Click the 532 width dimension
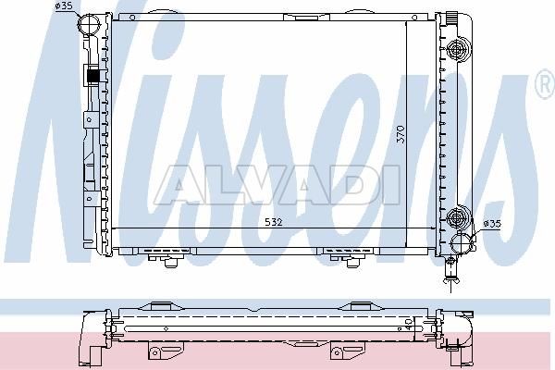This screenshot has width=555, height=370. point(274,222)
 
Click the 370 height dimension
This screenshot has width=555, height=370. point(401,134)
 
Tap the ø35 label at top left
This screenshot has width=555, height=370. point(64,6)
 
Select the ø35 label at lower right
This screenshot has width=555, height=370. point(492,224)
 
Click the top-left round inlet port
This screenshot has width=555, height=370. point(89,24)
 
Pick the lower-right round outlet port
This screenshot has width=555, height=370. point(462,242)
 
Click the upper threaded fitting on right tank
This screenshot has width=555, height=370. point(458,50)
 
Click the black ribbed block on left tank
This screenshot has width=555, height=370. point(93,76)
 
